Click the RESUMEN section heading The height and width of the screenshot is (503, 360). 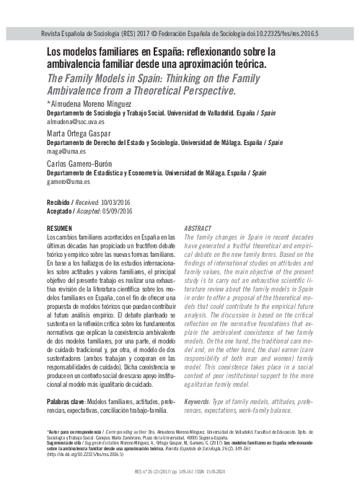[x=61, y=228]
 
